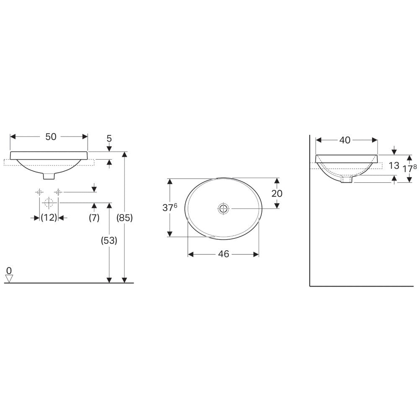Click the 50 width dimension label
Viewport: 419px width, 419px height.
[x=51, y=137]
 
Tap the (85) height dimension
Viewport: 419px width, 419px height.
[x=124, y=218]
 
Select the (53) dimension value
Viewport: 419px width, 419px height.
[x=109, y=241]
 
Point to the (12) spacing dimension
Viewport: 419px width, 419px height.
[x=49, y=218]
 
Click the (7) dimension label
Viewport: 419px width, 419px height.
[x=94, y=218]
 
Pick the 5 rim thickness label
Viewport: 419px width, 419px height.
[x=109, y=138]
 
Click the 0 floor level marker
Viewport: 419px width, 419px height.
[x=9, y=271]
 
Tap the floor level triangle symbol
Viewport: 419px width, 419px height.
[x=9, y=279]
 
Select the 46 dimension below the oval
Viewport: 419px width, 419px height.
[x=224, y=254]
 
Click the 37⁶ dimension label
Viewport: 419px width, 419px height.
[x=170, y=207]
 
